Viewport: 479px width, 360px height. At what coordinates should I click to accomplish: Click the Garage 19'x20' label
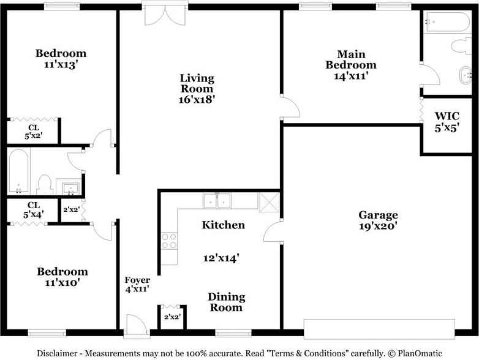pos(378,220)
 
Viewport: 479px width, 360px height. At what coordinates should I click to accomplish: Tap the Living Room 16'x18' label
pos(197,88)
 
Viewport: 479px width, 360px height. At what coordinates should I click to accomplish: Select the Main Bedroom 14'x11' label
pos(350,65)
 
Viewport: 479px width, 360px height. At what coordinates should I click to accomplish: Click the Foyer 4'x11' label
pos(137,285)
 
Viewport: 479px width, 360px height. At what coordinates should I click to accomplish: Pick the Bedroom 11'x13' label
pos(60,59)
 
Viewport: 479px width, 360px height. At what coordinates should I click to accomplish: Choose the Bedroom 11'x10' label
pos(61,277)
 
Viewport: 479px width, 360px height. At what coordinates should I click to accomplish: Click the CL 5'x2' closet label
pos(33,132)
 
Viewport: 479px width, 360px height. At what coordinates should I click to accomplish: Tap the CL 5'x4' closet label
pos(33,209)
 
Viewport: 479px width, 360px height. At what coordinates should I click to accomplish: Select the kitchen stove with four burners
pos(169,241)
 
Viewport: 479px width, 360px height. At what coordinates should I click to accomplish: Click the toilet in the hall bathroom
pos(44,184)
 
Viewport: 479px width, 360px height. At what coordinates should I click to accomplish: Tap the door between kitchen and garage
pos(273,231)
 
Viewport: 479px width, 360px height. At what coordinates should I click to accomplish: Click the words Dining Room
pos(226,302)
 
